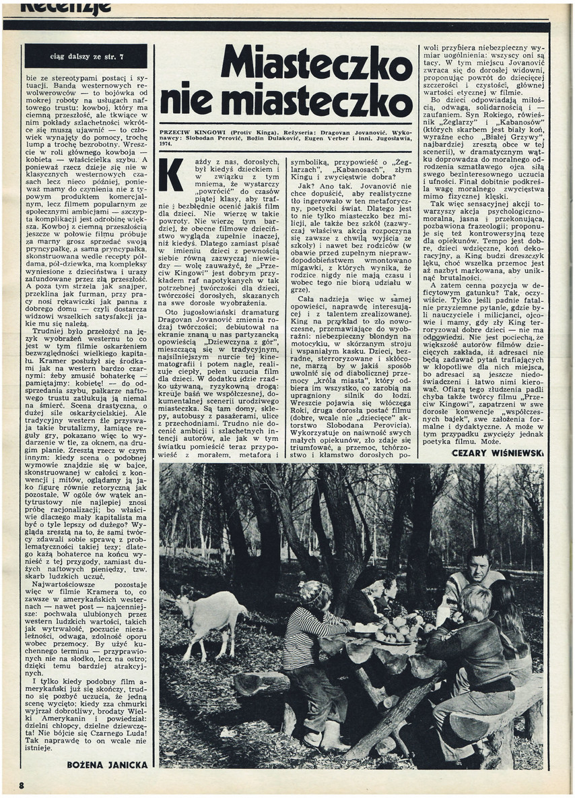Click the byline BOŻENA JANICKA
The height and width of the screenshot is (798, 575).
click(108, 765)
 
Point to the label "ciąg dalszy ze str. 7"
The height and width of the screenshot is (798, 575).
click(85, 55)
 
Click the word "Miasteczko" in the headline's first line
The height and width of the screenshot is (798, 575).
click(316, 65)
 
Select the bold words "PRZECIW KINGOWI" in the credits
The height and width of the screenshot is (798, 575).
click(193, 133)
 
